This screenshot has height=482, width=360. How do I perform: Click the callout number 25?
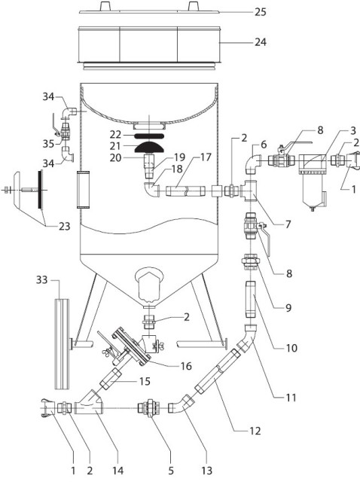(260, 12)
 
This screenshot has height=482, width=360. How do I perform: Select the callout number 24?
(261, 42)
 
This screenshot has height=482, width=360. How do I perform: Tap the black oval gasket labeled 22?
(149, 135)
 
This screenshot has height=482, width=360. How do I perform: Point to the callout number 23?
(65, 227)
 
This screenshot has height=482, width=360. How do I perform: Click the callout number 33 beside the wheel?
(42, 279)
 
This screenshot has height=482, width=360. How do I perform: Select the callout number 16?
(186, 366)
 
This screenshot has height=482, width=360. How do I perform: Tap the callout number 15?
(145, 382)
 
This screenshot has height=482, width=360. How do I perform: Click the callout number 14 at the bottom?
(117, 470)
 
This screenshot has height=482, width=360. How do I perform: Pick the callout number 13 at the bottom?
(207, 470)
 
